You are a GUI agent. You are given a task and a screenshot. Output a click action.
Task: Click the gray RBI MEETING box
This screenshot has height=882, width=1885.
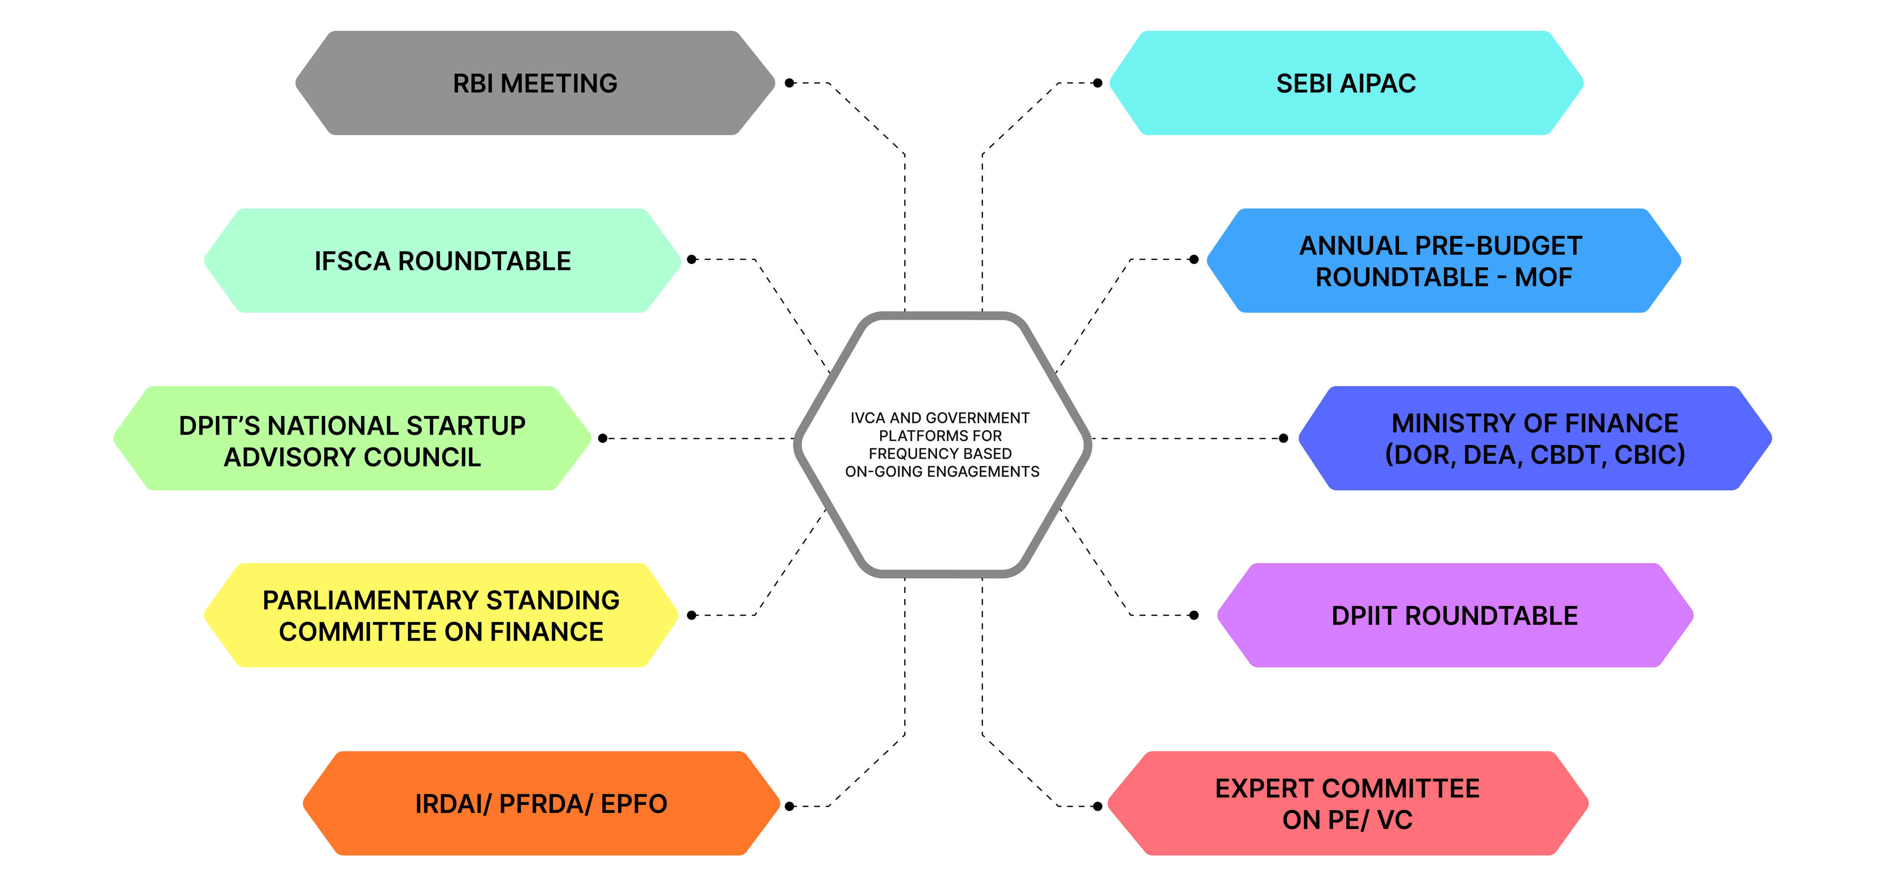coord(535,82)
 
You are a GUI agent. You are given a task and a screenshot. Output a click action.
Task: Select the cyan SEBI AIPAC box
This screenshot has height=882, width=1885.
coord(1346,82)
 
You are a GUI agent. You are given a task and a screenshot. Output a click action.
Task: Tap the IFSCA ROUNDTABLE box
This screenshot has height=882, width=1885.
coord(443,260)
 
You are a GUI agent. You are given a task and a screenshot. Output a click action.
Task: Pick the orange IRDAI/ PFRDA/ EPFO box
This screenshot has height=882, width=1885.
coord(541,803)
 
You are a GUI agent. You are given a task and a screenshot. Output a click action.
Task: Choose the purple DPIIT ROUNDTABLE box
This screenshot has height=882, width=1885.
coord(1454,615)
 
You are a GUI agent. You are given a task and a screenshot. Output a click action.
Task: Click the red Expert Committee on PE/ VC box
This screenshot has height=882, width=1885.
coord(1347,803)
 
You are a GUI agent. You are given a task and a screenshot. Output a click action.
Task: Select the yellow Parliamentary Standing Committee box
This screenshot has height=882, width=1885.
coord(441,615)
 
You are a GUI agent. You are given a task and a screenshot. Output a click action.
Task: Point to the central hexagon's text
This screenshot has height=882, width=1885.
coord(942,444)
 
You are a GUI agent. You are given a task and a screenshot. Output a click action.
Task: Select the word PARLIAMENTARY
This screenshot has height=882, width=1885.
coord(370,600)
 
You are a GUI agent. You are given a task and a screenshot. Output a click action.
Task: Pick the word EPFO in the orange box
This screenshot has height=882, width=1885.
coord(634,804)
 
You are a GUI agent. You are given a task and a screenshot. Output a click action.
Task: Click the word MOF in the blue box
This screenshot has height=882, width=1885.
coord(1543,277)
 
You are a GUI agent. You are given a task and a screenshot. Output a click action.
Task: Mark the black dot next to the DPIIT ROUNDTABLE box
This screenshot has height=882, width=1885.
coord(1193,615)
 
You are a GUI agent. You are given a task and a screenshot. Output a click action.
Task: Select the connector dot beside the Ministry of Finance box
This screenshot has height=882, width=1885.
coord(1283,438)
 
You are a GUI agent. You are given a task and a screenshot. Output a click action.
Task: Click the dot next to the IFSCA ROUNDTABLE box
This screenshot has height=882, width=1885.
coord(692,259)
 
